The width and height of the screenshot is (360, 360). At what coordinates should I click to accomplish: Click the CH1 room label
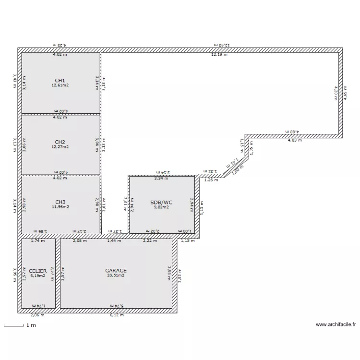point(60,80)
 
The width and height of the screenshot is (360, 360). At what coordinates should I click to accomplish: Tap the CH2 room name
point(60,142)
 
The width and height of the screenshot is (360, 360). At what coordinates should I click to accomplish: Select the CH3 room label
point(60,202)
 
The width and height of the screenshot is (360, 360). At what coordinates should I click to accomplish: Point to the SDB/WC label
point(161,203)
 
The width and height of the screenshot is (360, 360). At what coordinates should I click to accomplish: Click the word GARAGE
point(116,271)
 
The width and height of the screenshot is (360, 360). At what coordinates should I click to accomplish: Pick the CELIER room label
point(38,271)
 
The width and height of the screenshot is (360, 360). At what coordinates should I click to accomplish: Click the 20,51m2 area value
point(116,276)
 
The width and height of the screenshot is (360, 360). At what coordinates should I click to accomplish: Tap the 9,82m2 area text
point(161,207)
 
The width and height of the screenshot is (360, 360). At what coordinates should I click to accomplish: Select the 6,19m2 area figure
point(38,276)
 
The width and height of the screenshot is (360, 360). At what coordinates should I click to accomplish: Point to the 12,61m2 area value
point(60,85)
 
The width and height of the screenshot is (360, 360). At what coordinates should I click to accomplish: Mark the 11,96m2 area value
point(60,207)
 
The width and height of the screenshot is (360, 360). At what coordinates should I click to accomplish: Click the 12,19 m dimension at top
point(219,55)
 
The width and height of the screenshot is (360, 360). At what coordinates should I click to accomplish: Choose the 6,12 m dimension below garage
point(116,315)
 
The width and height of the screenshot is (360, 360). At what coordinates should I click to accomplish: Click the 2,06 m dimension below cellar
point(37,315)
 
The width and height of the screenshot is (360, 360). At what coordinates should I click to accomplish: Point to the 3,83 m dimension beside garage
point(180,275)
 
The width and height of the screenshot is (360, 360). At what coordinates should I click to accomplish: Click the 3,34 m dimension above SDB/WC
point(162,179)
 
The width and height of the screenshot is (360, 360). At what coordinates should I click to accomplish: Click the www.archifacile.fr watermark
point(336,324)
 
